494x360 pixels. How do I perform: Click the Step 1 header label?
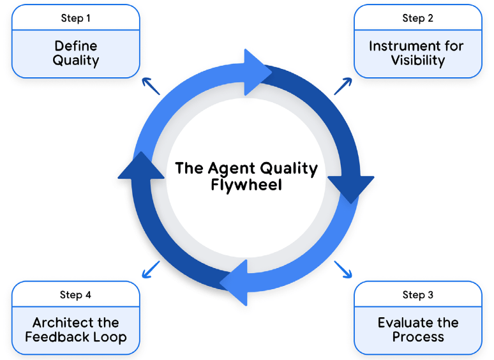point(75,18)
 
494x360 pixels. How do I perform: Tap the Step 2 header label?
point(418,18)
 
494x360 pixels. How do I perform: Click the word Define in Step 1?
point(75,46)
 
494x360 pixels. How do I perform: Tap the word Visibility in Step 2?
point(418,61)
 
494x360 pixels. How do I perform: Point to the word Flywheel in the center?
point(246,186)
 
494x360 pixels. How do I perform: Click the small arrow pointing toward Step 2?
point(343,86)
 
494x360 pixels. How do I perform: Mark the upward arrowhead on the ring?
point(135,167)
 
